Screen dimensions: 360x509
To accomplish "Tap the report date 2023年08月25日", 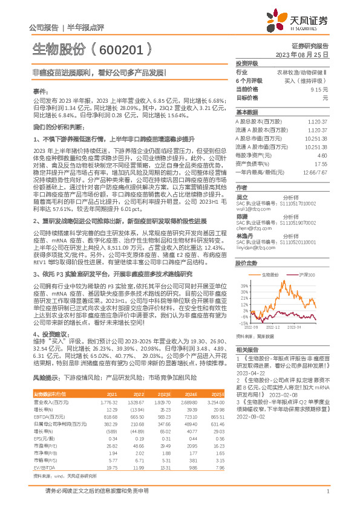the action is pos(310,54).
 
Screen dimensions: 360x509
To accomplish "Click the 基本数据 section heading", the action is pos(247,113).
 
